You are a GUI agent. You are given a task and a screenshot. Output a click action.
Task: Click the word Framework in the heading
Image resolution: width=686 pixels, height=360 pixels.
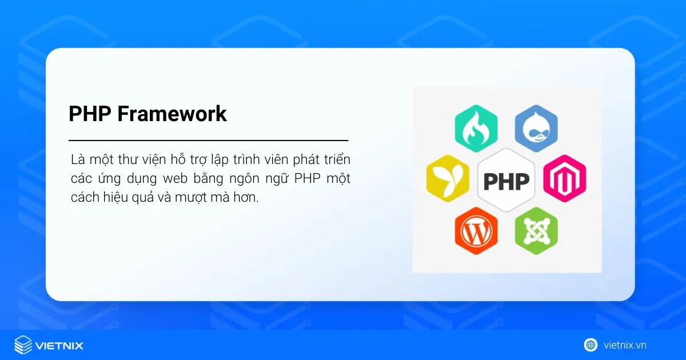click(172, 114)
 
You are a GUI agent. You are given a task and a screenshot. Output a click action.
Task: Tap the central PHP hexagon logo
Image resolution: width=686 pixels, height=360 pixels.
click(506, 180)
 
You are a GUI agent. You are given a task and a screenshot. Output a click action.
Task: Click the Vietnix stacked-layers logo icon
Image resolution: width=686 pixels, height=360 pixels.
click(23, 345)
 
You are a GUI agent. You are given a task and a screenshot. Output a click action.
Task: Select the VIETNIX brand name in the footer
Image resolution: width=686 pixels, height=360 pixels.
click(59, 346)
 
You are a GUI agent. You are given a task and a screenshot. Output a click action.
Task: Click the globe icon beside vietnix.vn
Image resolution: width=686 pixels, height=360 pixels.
click(591, 345)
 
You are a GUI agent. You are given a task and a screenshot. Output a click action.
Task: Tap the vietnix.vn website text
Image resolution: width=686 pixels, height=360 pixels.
click(625, 345)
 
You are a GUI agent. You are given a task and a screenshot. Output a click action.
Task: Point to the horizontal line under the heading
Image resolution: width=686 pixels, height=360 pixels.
click(208, 140)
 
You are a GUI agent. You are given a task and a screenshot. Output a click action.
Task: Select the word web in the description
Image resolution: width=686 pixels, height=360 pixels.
click(175, 178)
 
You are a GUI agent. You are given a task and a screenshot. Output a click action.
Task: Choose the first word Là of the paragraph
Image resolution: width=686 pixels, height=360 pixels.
click(78, 159)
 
